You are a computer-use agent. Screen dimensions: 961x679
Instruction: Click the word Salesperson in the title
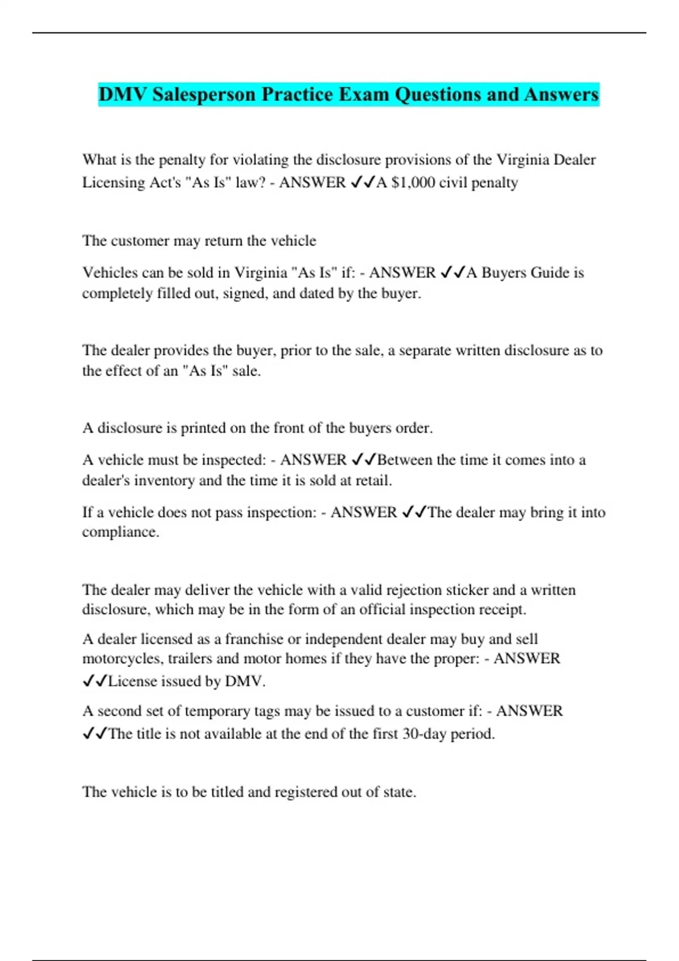coord(204,94)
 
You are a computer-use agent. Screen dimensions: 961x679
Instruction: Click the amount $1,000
coord(413,183)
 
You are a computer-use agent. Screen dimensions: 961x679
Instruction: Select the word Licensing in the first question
coord(115,183)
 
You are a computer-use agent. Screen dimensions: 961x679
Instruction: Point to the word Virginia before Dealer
coord(522,160)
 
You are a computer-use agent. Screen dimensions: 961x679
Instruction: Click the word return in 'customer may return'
coord(224,241)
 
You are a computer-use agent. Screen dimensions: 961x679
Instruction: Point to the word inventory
coord(166,481)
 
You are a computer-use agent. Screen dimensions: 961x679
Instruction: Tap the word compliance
coord(120,533)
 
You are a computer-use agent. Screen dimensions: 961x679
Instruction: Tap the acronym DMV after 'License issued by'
coord(244,681)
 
